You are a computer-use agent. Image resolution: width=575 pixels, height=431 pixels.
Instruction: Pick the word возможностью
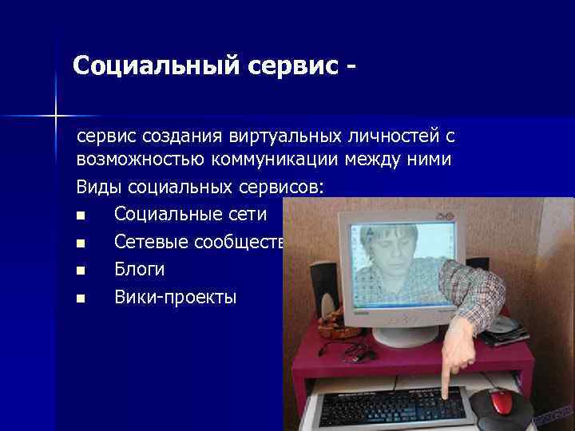click(x=141, y=160)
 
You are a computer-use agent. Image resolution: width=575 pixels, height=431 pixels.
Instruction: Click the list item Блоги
click(x=139, y=270)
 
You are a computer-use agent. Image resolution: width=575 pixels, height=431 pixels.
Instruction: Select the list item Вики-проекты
click(x=175, y=298)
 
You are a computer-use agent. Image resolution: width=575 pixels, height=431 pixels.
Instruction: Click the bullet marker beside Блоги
click(x=80, y=271)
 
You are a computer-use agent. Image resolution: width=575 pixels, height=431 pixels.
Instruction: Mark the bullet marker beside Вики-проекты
click(x=80, y=299)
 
